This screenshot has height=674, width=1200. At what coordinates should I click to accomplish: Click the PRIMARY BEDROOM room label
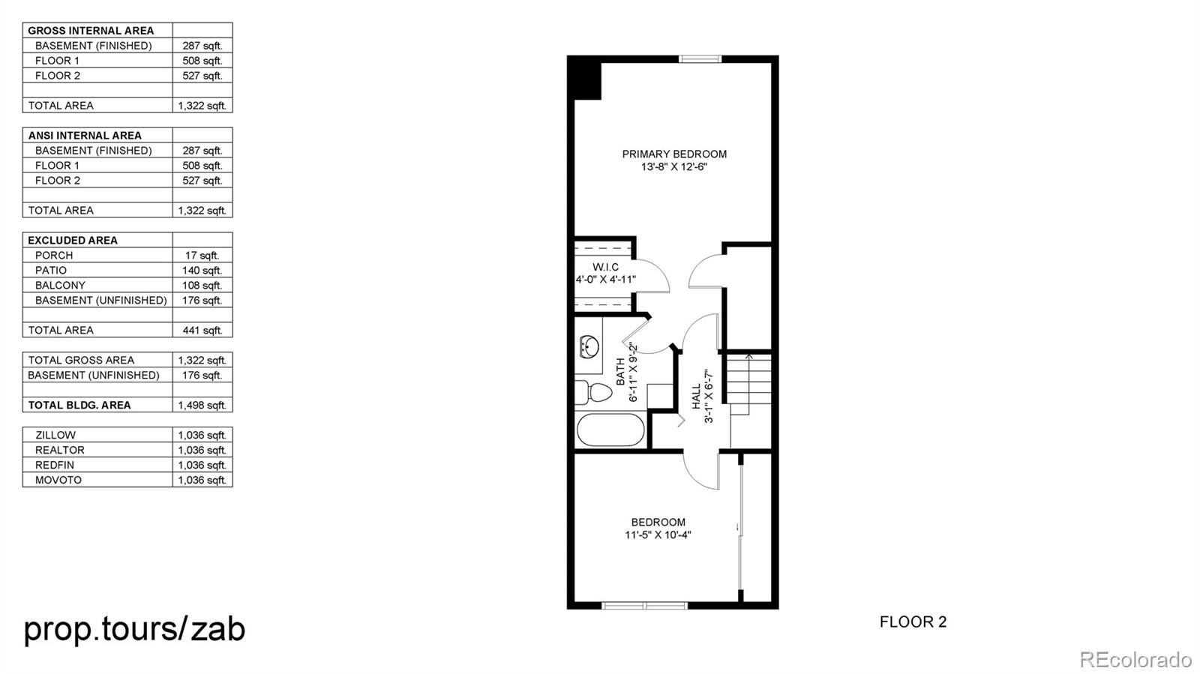(x=674, y=154)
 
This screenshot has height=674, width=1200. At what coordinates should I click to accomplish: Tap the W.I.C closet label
(x=605, y=267)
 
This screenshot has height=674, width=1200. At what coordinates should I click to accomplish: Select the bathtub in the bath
(x=610, y=430)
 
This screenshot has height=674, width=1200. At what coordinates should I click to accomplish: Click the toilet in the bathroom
(x=592, y=392)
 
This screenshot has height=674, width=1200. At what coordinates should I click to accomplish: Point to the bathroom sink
(x=589, y=347)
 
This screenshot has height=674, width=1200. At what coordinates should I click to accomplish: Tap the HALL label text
(x=696, y=396)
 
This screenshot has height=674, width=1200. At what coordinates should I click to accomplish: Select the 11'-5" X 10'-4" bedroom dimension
(x=658, y=535)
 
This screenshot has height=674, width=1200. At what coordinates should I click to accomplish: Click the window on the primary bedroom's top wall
(x=700, y=58)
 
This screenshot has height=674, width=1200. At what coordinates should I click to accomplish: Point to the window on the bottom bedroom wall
(x=644, y=605)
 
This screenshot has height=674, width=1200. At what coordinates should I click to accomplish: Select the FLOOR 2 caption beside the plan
(x=913, y=622)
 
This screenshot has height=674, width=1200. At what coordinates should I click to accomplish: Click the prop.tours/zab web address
(x=135, y=628)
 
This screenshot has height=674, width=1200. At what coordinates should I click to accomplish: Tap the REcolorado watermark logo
(x=1135, y=659)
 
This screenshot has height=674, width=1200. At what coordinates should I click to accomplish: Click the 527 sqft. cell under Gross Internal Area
(x=202, y=76)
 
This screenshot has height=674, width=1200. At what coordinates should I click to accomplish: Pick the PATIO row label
(x=51, y=271)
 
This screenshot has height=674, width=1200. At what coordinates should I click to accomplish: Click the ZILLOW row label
(x=55, y=436)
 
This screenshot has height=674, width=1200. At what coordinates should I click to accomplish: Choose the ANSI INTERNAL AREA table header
(x=85, y=136)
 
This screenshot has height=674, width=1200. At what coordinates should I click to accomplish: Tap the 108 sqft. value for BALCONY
(x=202, y=286)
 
